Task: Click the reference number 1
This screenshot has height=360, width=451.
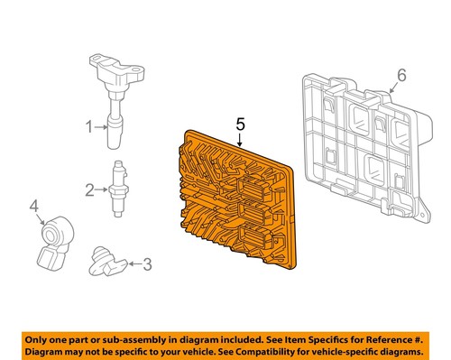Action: (89, 127)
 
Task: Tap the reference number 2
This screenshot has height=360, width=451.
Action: (89, 189)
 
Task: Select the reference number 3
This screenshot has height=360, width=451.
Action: (148, 264)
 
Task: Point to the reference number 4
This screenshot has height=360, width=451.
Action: (35, 208)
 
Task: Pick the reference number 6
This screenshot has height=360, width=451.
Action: (402, 75)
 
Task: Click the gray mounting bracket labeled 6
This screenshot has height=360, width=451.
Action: (361, 135)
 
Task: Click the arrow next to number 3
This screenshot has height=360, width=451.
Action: (133, 264)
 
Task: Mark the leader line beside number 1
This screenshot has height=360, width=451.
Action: (102, 127)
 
